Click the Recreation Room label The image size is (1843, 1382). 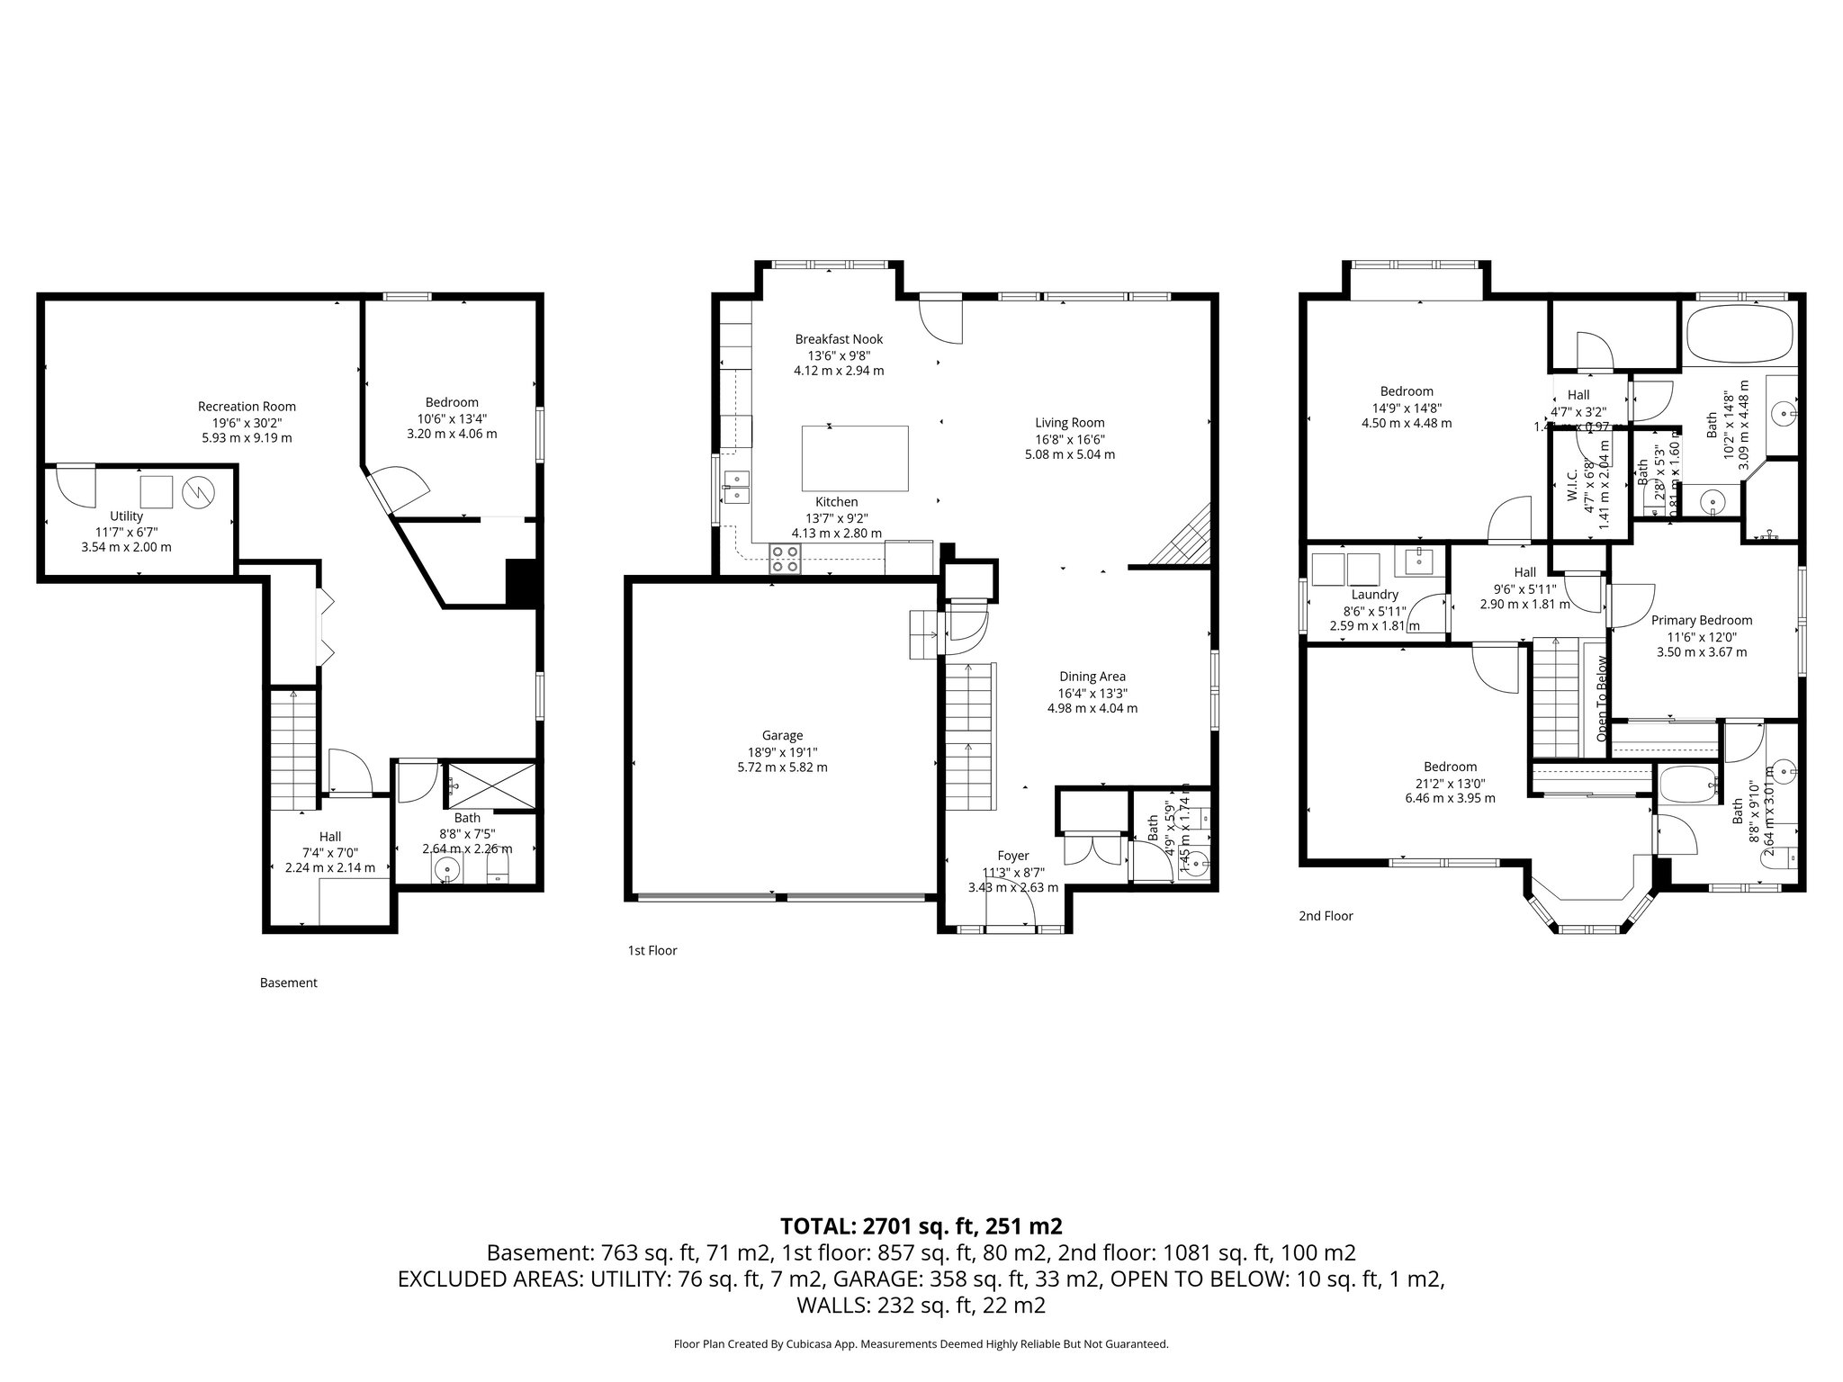tap(247, 407)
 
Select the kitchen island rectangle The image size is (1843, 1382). tap(854, 458)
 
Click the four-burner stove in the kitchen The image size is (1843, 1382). tap(785, 559)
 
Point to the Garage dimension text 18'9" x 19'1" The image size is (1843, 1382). tap(782, 752)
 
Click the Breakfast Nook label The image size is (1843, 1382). tap(839, 339)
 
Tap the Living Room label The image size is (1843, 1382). tap(1069, 423)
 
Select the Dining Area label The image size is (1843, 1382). tap(1092, 677)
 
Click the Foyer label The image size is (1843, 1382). tap(1012, 856)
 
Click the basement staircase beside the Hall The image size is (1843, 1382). tap(293, 747)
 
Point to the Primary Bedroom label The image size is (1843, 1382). tap(1701, 620)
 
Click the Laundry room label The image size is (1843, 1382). tap(1374, 595)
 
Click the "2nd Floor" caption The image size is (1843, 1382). tap(1326, 916)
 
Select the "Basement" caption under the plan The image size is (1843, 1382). tap(288, 983)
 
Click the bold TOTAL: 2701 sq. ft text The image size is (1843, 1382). tap(921, 1225)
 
